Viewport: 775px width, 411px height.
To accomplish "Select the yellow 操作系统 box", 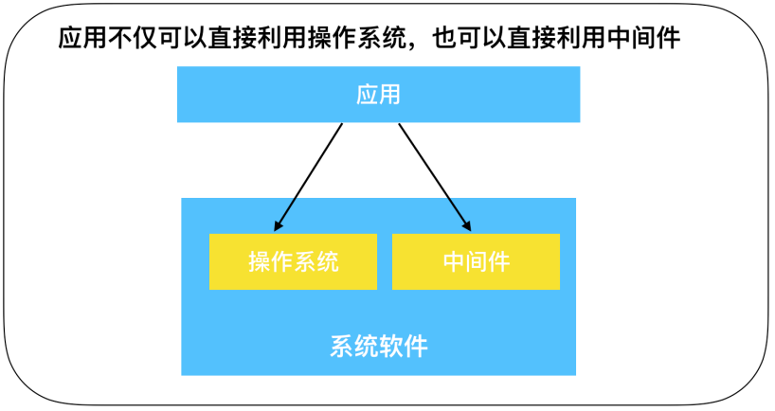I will click(x=293, y=261).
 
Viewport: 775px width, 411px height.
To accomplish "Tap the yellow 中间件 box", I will click(x=476, y=261).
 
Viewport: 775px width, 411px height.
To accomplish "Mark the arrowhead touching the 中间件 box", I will click(x=467, y=226).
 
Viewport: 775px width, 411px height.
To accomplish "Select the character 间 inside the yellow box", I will click(x=476, y=261).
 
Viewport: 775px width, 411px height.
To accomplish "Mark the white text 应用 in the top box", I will click(x=378, y=95).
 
